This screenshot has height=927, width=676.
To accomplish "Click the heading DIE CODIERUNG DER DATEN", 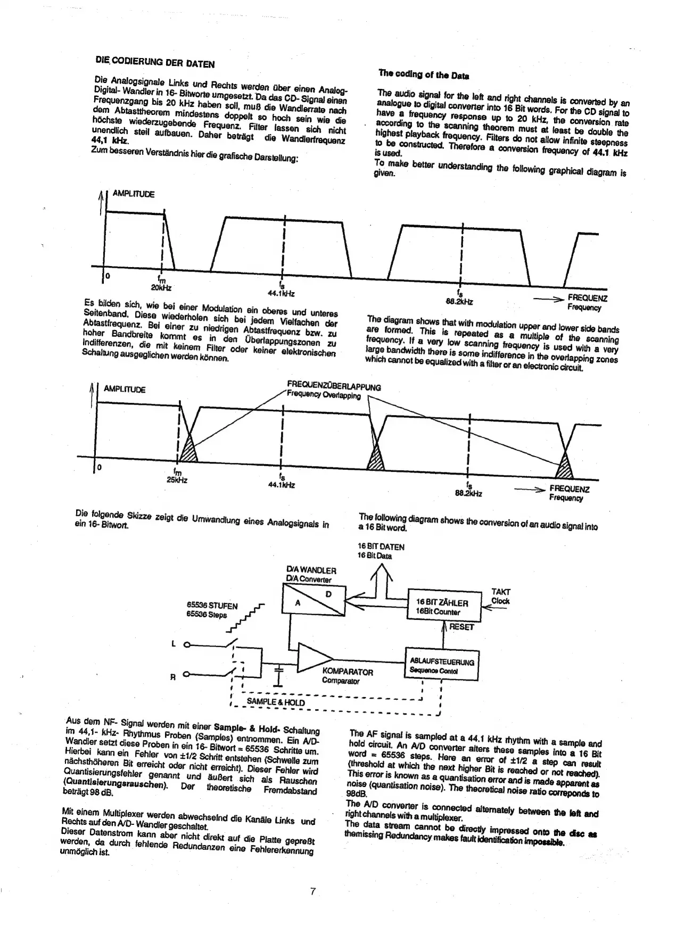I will pos(155,62).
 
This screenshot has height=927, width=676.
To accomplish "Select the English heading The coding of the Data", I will pos(423,75).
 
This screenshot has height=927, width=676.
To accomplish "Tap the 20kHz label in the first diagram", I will pos(161,287).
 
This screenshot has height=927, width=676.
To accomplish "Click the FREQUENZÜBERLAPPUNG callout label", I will pos(334,386).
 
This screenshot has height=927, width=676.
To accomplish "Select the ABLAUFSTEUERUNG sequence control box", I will pos(441,665).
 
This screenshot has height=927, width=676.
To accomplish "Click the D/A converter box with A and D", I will pos(314,599).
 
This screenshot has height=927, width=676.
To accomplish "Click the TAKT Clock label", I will pos(500,596).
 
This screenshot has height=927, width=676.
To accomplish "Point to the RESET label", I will pos(461,627).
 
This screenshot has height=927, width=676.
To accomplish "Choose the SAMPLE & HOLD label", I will pos(275,702).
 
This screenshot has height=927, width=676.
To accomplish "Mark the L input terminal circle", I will pos(186,645).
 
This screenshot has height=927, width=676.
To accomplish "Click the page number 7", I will pos(314,891).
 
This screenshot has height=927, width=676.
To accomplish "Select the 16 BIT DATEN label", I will pos(381,551).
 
